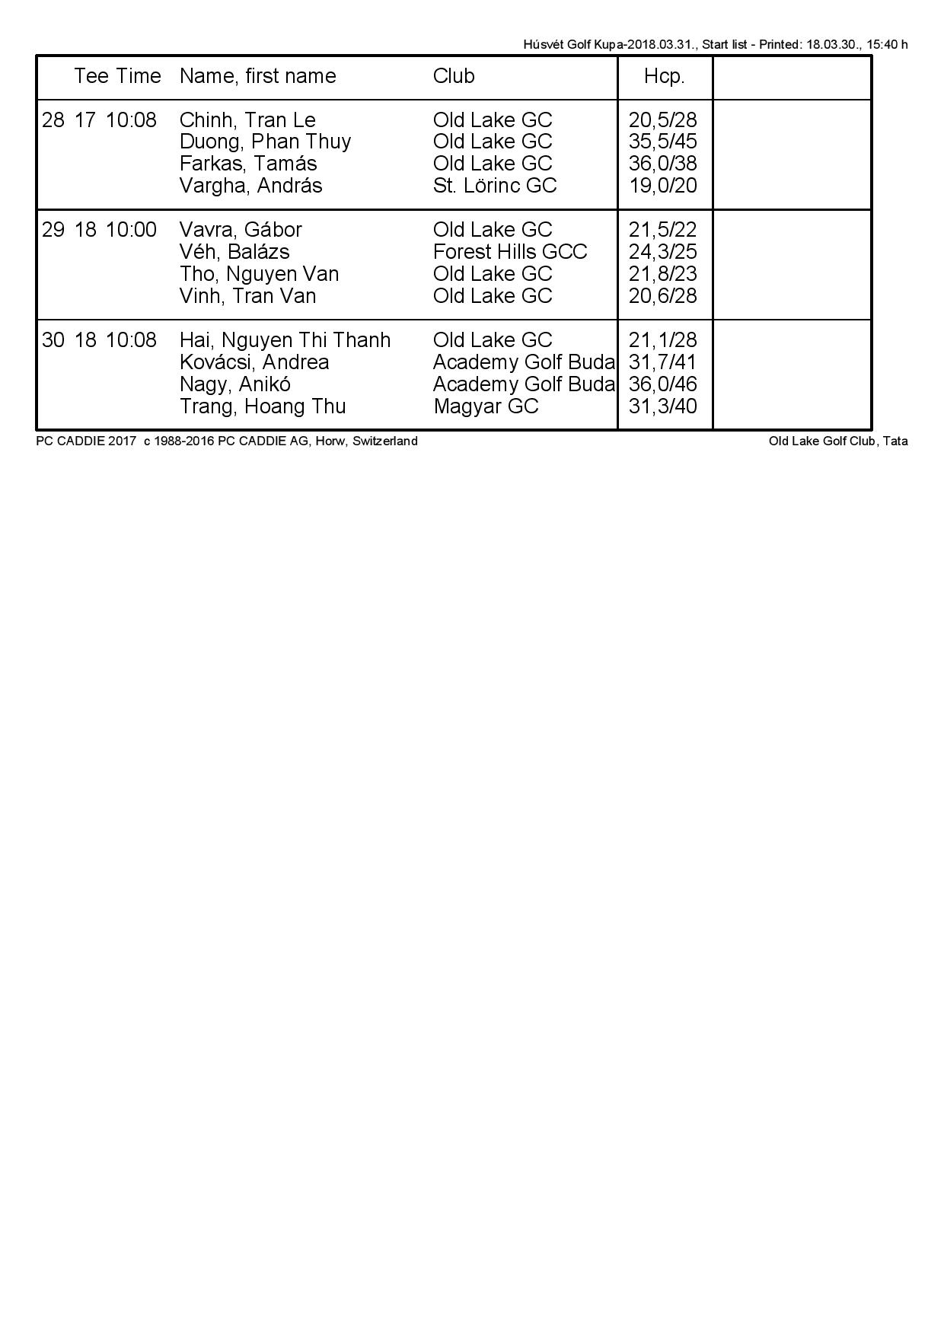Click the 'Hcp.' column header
click(x=664, y=76)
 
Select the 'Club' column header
click(x=454, y=76)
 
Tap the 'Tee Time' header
click(x=117, y=76)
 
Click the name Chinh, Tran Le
click(x=247, y=120)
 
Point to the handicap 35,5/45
click(x=663, y=142)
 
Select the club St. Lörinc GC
click(x=495, y=186)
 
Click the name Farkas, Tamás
click(x=248, y=164)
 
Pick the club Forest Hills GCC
click(x=510, y=252)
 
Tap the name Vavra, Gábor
click(x=241, y=230)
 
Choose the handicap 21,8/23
click(x=663, y=274)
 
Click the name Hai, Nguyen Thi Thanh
click(x=285, y=340)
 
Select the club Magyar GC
click(x=486, y=406)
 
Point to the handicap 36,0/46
click(x=663, y=384)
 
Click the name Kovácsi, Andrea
click(x=254, y=362)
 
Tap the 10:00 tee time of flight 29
click(x=131, y=230)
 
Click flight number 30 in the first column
click(x=53, y=340)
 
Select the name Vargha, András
click(x=250, y=186)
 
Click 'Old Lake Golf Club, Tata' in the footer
click(x=838, y=441)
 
